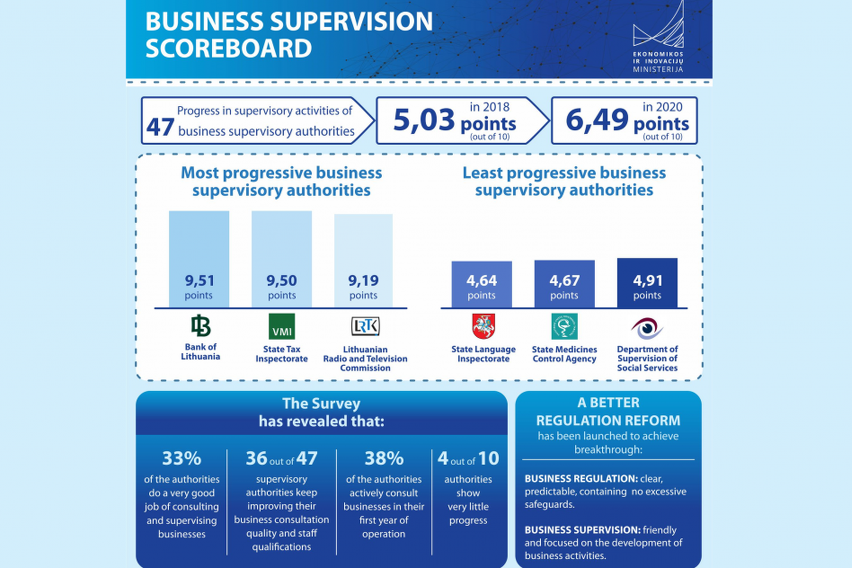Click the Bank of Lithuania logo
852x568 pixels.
point(201,325)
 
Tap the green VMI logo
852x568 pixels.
point(281,326)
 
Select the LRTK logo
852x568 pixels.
point(365,326)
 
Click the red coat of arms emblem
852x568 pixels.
point(484,326)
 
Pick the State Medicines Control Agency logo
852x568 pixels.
point(564,326)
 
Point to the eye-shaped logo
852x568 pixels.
point(647,328)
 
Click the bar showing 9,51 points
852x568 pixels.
point(199,259)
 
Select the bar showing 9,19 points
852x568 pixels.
point(363,261)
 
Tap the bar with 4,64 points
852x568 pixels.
point(482,284)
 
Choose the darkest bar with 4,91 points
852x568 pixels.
point(647,283)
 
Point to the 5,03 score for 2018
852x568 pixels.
point(424,120)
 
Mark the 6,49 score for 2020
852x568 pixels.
point(597,120)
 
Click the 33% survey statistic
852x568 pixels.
point(182,458)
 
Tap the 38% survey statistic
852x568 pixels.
point(384,458)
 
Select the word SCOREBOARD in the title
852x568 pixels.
point(228,48)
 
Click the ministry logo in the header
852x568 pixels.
point(658,37)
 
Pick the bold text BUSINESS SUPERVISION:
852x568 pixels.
point(583,530)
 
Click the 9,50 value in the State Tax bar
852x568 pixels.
point(281,280)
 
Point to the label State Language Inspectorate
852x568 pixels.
point(484,354)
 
